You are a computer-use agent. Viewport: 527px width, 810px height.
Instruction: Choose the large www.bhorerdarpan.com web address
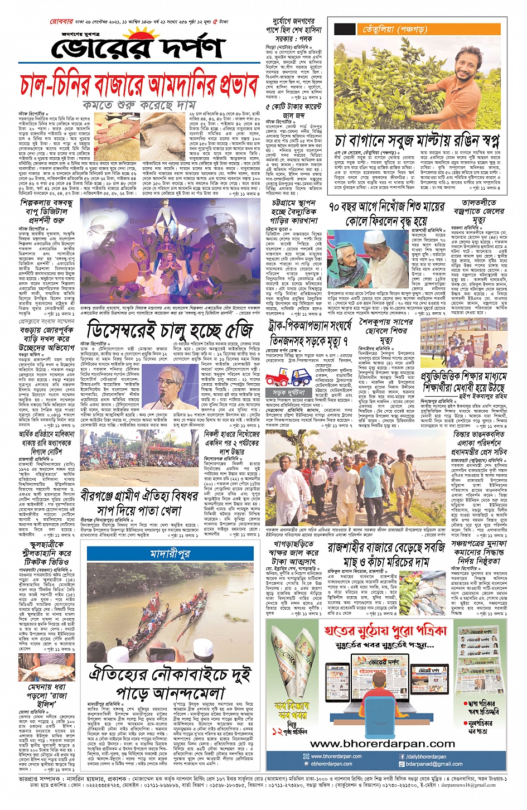click(382, 743)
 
